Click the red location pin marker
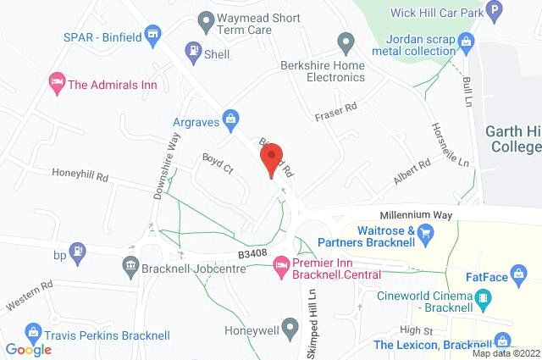pyautogui.click(x=270, y=158)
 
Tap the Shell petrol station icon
pyautogui.click(x=192, y=49)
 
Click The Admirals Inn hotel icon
pyautogui.click(x=57, y=83)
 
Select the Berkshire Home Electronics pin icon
pyautogui.click(x=345, y=42)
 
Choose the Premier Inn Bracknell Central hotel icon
pyautogui.click(x=279, y=268)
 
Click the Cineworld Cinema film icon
pyautogui.click(x=484, y=297)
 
